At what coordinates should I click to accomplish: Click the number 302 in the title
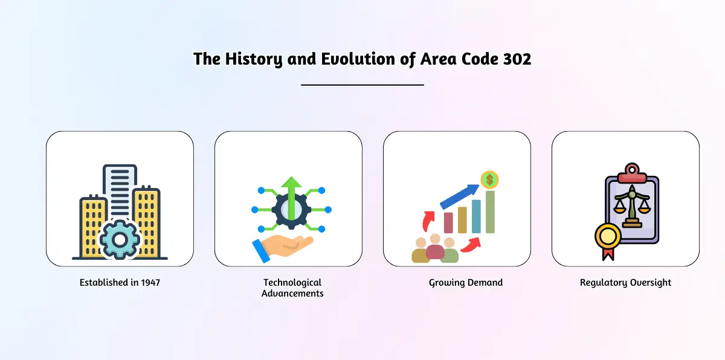517,59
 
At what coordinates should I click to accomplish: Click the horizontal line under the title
362,85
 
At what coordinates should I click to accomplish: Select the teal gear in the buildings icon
120,240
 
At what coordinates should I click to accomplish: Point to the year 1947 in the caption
150,283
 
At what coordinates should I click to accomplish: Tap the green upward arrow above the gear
291,198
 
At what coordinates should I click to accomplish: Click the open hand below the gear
283,248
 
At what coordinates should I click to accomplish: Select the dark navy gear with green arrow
291,210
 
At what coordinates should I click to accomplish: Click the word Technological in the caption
292,283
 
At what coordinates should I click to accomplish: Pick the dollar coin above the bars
490,180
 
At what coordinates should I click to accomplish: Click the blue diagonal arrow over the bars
460,196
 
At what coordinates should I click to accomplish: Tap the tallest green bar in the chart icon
490,212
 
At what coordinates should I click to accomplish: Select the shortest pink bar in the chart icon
448,222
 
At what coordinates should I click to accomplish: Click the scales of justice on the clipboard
632,207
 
